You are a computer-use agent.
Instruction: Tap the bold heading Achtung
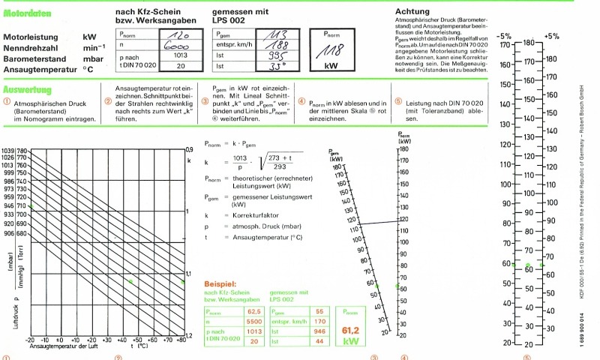click(412, 11)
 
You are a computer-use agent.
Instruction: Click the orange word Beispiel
click(223, 286)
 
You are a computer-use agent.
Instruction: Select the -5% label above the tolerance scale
click(505, 35)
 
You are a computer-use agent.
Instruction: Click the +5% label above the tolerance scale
click(552, 35)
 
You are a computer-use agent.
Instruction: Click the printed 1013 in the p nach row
click(180, 55)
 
